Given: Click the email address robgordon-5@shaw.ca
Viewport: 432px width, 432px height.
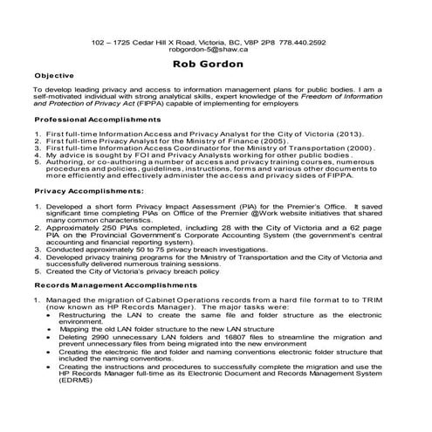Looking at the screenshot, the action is (216, 51).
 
